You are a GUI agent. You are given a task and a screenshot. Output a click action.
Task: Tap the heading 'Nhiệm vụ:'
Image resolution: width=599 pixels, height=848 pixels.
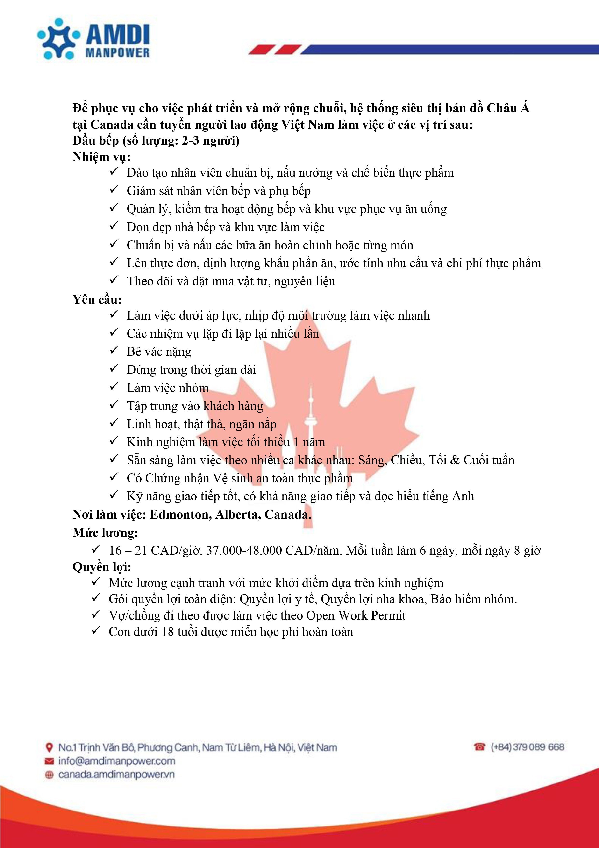point(101,157)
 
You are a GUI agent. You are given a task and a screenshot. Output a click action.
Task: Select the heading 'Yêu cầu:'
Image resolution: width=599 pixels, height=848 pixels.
point(97,299)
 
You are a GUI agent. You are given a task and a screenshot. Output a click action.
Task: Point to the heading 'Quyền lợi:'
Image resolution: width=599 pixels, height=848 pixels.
point(102,567)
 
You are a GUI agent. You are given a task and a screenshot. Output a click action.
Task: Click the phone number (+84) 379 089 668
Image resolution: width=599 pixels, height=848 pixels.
point(527,747)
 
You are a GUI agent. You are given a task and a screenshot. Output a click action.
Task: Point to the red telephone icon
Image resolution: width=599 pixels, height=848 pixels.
point(479,747)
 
